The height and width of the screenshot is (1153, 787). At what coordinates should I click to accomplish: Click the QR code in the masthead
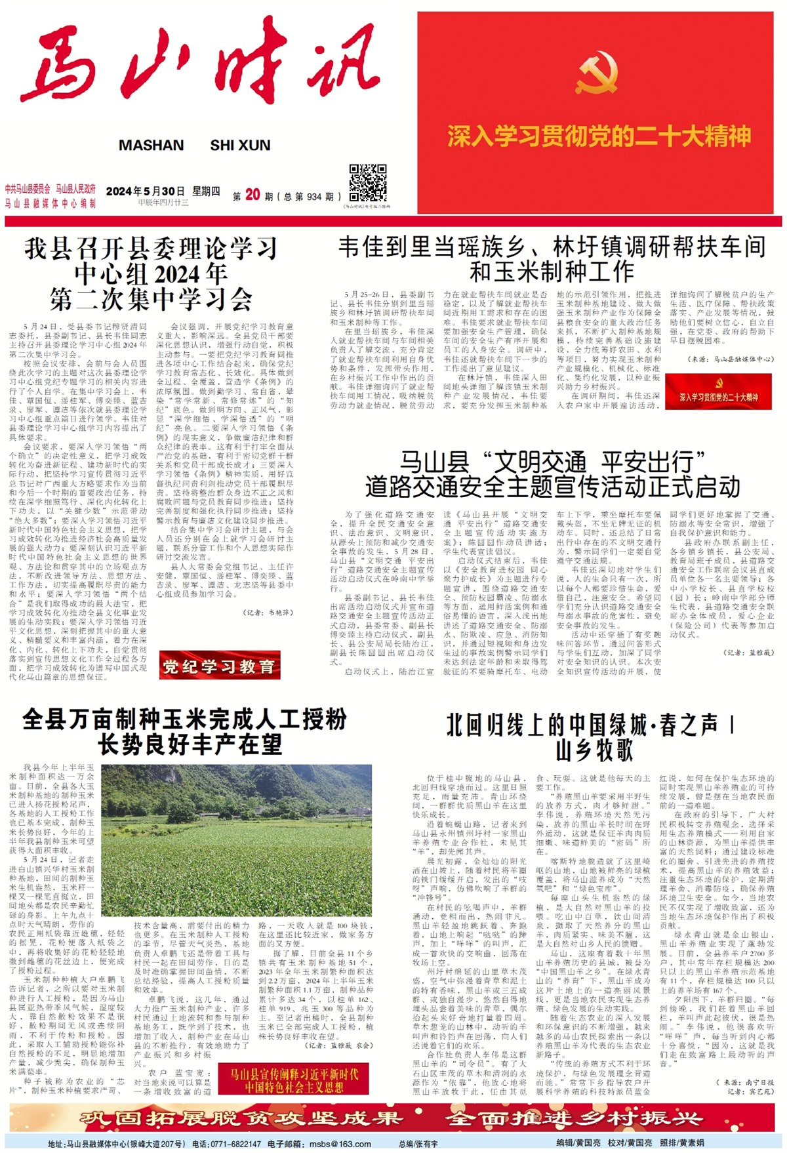[x=367, y=183]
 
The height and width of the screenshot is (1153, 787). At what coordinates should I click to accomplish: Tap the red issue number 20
[x=252, y=195]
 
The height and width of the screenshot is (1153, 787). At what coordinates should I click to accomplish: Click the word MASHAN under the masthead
[x=151, y=146]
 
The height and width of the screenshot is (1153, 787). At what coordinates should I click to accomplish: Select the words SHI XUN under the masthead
[x=240, y=146]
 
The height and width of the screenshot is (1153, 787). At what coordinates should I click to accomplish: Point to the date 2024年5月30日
[x=145, y=192]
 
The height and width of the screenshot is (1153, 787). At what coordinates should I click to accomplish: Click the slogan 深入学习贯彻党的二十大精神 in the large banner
[x=599, y=136]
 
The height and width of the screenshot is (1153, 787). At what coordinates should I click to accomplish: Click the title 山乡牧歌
[x=594, y=750]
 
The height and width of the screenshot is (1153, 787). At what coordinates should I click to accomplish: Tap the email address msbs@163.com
[x=340, y=1144]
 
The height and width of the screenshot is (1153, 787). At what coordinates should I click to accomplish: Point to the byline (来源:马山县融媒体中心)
[x=730, y=359]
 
